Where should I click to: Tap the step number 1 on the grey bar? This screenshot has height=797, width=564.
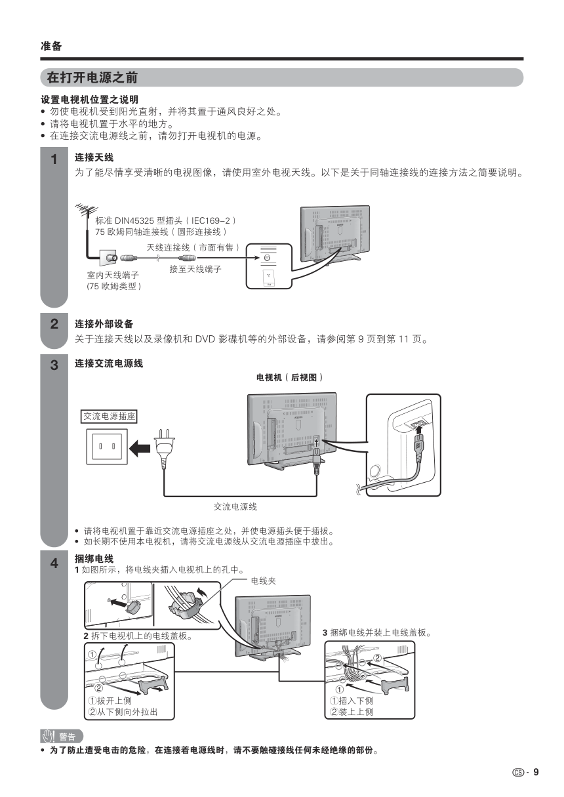pyautogui.click(x=54, y=159)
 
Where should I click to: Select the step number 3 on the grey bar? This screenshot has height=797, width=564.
pyautogui.click(x=54, y=365)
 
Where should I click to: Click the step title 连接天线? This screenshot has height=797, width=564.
pyautogui.click(x=94, y=157)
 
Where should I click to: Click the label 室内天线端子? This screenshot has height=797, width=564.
pyautogui.click(x=112, y=274)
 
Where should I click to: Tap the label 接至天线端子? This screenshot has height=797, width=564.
pyautogui.click(x=195, y=269)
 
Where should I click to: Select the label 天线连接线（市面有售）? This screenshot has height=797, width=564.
pyautogui.click(x=192, y=247)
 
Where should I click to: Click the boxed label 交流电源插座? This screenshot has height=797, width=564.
pyautogui.click(x=110, y=416)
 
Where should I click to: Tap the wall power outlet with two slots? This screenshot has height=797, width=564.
pyautogui.click(x=107, y=446)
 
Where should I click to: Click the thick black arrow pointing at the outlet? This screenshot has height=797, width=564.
pyautogui.click(x=139, y=448)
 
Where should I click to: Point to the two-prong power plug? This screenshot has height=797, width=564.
pyautogui.click(x=163, y=447)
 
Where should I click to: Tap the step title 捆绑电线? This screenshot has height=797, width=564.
pyautogui.click(x=94, y=558)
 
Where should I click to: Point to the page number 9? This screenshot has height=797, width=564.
pyautogui.click(x=536, y=771)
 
